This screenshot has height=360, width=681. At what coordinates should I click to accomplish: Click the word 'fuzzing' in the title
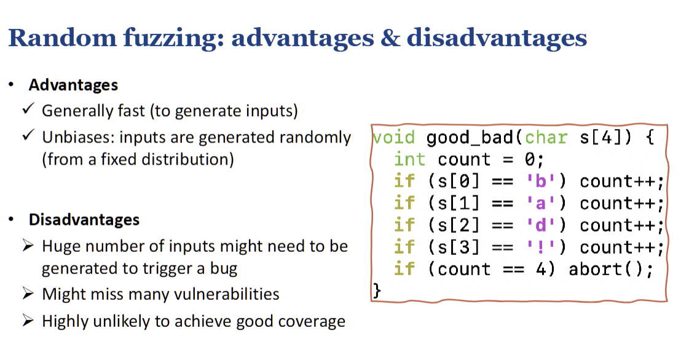(x=173, y=38)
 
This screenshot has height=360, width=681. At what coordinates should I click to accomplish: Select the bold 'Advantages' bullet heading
(x=73, y=85)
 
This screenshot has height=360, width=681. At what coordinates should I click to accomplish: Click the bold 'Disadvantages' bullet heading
(x=84, y=219)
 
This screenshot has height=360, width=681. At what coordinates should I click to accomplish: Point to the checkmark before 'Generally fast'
(x=28, y=108)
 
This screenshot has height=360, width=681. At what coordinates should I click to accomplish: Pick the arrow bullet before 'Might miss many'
(x=28, y=294)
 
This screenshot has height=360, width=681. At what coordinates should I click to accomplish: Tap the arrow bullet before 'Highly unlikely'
(x=28, y=321)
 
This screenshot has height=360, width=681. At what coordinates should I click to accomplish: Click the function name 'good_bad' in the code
(x=470, y=138)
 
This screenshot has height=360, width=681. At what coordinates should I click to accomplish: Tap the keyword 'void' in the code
(x=394, y=137)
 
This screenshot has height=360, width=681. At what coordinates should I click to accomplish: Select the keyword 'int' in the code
(x=410, y=159)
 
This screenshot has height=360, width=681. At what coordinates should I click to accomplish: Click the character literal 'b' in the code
(x=541, y=181)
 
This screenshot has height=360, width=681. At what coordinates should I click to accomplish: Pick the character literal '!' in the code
(x=541, y=247)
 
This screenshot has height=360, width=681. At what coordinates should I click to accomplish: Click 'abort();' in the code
(x=611, y=269)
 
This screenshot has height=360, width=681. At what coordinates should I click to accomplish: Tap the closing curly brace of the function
(x=377, y=291)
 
